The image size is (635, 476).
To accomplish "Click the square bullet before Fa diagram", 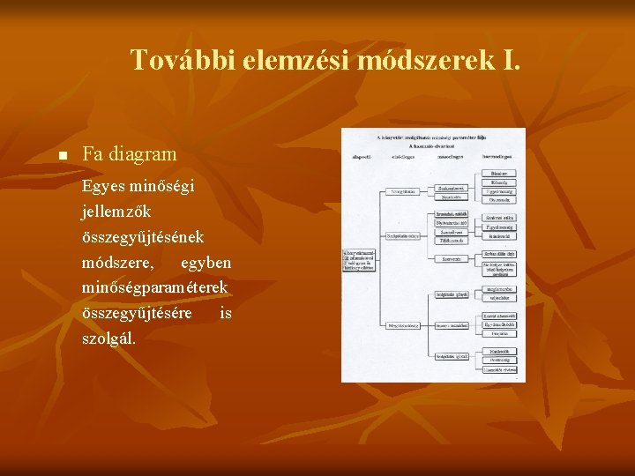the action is click(x=62, y=156).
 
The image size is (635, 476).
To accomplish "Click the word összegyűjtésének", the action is click(x=143, y=237).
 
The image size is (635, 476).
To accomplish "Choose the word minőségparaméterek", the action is click(x=155, y=287).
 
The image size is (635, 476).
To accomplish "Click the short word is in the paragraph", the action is click(x=226, y=313).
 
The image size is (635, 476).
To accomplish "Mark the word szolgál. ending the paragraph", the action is click(x=108, y=338).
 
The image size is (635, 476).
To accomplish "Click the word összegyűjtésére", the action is click(x=137, y=313).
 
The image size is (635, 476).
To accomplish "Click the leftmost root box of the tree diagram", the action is click(x=359, y=258).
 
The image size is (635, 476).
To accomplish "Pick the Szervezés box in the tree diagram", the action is click(x=452, y=259).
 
